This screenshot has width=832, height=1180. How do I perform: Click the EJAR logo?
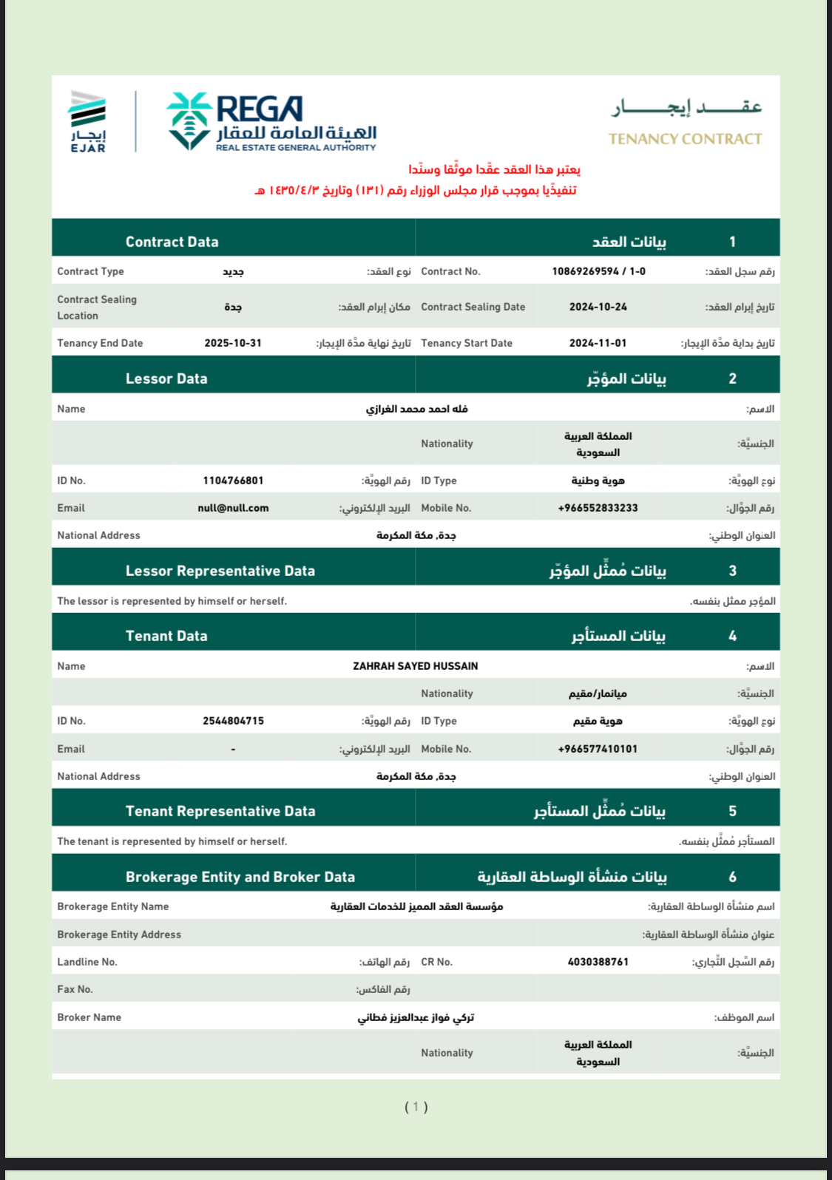pos(88,121)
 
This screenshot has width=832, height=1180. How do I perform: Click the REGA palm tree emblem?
pos(189,121)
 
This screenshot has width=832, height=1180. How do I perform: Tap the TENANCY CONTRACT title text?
pos(685,139)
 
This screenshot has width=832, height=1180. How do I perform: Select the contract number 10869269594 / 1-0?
pos(598,271)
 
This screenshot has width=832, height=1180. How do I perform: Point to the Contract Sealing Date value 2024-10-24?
pos(598,307)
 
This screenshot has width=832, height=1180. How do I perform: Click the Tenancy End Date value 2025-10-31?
pos(233,343)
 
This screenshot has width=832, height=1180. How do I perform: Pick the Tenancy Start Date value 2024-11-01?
pos(598,343)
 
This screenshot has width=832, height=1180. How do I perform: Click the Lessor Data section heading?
pos(166,379)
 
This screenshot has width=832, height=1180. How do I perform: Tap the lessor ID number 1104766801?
pos(233,481)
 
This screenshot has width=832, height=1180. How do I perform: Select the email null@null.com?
pos(233,508)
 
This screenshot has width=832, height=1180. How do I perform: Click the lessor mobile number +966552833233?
pos(598,508)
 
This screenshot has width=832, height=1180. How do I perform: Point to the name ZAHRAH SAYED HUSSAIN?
pos(415,666)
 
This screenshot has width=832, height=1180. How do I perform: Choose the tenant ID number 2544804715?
pos(233,721)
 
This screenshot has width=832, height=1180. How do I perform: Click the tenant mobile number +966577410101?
pos(598,749)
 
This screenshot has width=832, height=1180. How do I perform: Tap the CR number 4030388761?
pos(598,962)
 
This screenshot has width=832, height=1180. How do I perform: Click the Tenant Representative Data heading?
pos(220,811)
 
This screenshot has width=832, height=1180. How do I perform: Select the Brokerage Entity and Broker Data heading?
pos(240,877)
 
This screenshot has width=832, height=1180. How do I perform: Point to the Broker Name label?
pos(89,1017)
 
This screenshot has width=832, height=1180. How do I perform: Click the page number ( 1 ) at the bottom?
pos(416,1107)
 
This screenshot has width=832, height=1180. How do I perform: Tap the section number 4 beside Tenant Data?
pos(732,636)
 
